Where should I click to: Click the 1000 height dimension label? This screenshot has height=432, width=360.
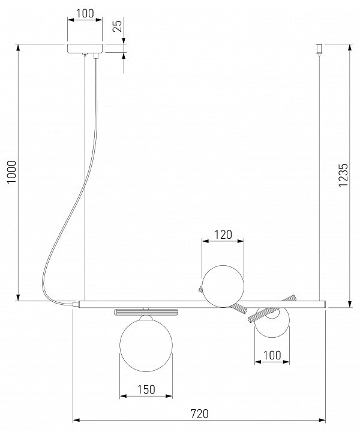pyautogui.click(x=12, y=172)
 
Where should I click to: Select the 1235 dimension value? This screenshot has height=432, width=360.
pyautogui.click(x=343, y=175)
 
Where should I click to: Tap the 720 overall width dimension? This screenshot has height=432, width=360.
pyautogui.click(x=199, y=413)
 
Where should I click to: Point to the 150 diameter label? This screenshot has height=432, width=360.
pyautogui.click(x=146, y=389)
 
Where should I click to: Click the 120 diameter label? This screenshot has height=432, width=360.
pyautogui.click(x=223, y=235)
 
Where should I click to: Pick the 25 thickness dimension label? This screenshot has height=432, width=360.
pyautogui.click(x=118, y=26)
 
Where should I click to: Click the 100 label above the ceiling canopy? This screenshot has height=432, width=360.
pyautogui.click(x=85, y=13)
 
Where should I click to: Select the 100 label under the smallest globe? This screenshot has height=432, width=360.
pyautogui.click(x=272, y=355)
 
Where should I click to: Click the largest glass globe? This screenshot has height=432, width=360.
pyautogui.click(x=146, y=345)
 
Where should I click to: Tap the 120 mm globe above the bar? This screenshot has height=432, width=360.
pyautogui.click(x=223, y=286)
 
